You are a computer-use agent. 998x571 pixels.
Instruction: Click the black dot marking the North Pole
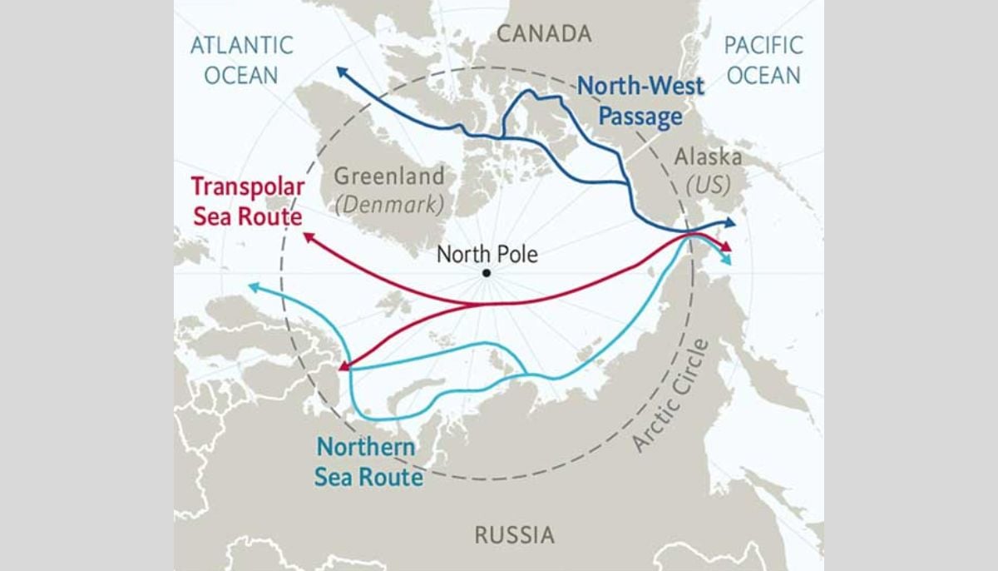tap(486, 273)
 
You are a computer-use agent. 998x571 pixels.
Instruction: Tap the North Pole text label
tap(487, 254)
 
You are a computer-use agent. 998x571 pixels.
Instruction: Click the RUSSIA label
tap(514, 534)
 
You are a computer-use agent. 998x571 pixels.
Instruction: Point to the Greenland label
tap(389, 177)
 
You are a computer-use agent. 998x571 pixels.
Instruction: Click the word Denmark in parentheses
tap(388, 204)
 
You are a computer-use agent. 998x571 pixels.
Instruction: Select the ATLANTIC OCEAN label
tap(241, 59)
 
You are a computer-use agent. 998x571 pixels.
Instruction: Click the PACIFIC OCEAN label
tap(763, 59)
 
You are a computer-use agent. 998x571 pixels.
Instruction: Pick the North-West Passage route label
tap(640, 100)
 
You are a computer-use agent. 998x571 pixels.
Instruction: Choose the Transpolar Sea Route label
tap(246, 201)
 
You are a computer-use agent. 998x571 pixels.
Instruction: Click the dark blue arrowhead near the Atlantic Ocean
tap(342, 72)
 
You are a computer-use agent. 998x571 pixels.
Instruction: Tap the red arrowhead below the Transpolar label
tap(309, 238)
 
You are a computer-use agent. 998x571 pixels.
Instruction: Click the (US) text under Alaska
tap(707, 185)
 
